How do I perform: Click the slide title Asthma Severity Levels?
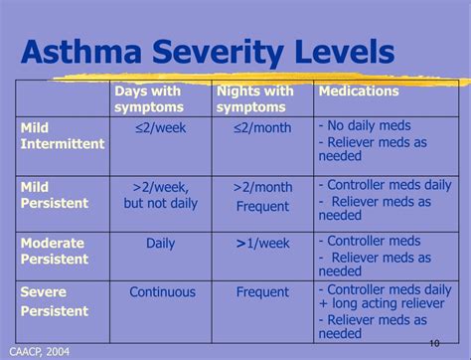pos(208,52)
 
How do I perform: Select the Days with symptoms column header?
pos(148,98)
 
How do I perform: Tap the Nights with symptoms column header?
pos(254,98)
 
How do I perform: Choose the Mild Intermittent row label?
pos(62,135)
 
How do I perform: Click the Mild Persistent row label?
pos(55,195)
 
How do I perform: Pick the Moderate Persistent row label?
pos(55,250)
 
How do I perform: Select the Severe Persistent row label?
pos(55,300)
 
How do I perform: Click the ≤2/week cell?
pos(161,127)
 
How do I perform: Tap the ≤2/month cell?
pos(262,127)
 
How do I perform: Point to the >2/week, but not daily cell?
pos(161,195)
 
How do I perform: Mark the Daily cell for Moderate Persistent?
pos(161,243)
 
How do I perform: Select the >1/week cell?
pos(262,243)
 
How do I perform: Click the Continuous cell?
pos(162,292)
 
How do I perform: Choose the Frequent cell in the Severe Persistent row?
pos(262,292)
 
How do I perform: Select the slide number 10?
pos(434,343)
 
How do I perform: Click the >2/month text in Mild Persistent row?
pos(262,187)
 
